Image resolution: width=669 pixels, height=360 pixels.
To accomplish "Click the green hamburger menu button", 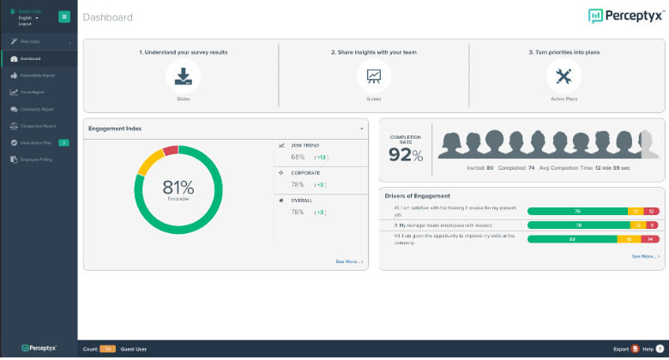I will [x=64, y=17].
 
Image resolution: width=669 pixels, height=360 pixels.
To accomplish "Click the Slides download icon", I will [x=184, y=76].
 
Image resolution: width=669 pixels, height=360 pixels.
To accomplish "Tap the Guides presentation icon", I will [x=374, y=76].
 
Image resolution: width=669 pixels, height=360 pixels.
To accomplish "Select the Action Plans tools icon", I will [x=564, y=76].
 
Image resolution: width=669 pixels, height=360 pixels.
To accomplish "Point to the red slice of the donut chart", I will [x=170, y=151].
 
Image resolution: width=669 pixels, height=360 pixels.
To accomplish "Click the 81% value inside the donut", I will [x=178, y=187].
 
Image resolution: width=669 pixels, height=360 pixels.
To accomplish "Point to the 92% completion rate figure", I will [x=406, y=155].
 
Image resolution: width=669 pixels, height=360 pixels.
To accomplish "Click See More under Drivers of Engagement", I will [x=645, y=256].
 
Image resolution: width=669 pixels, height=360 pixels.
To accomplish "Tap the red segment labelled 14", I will [x=652, y=239].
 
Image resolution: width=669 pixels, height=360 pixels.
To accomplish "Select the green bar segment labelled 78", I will [x=579, y=225].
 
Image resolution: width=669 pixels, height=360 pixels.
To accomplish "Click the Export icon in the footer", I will [x=635, y=349].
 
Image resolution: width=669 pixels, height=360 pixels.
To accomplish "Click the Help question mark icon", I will [x=660, y=349].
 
